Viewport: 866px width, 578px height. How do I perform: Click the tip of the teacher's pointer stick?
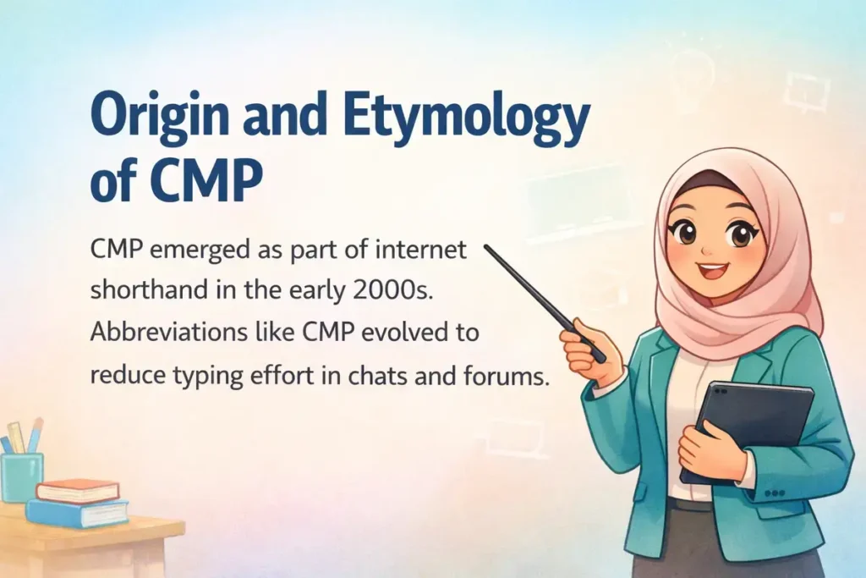[x=487, y=248]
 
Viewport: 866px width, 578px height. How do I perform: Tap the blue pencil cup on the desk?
[x=21, y=476]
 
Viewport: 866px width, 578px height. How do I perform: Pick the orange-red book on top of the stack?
[x=77, y=490]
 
